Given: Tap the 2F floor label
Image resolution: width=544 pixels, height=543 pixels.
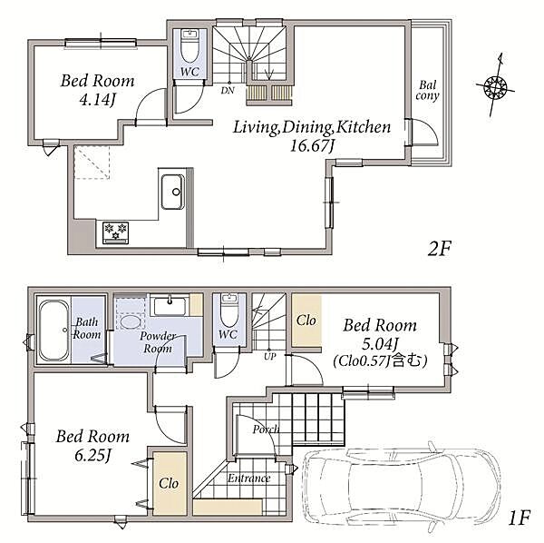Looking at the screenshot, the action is click(x=439, y=249).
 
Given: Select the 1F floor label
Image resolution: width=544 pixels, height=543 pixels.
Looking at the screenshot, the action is click(x=519, y=518).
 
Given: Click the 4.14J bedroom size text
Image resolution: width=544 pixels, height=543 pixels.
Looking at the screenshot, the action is click(x=97, y=100).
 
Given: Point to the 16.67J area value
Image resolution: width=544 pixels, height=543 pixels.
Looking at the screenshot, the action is click(x=312, y=145).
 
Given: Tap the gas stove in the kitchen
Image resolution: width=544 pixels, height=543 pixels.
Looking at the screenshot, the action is click(x=115, y=232).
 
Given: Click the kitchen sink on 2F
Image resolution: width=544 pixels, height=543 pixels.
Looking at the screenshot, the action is click(x=173, y=192).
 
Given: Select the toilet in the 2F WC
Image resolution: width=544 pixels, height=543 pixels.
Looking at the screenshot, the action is click(x=189, y=46).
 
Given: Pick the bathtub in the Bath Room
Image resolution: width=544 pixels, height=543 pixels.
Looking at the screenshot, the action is click(x=53, y=331).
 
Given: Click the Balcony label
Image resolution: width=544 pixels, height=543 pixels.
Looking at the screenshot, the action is click(x=427, y=90).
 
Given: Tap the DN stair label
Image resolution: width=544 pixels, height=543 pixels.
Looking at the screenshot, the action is click(x=228, y=91).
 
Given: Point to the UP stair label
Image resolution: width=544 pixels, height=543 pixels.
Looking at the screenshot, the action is click(x=269, y=357).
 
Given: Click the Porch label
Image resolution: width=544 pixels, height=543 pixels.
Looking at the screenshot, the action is click(x=266, y=429).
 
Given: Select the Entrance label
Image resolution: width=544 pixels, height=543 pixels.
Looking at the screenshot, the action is click(x=248, y=479).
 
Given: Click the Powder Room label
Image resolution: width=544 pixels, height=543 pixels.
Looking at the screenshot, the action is click(x=158, y=341).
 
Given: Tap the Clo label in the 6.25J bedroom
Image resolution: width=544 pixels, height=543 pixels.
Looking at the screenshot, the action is click(x=169, y=483).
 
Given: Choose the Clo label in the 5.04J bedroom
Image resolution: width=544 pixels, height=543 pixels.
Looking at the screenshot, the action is click(x=306, y=321).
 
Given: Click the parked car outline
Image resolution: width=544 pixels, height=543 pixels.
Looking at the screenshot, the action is click(x=402, y=485).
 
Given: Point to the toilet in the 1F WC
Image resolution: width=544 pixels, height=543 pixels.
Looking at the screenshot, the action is click(x=229, y=311).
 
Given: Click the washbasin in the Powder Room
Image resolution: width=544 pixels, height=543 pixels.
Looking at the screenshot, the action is click(x=170, y=305).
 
